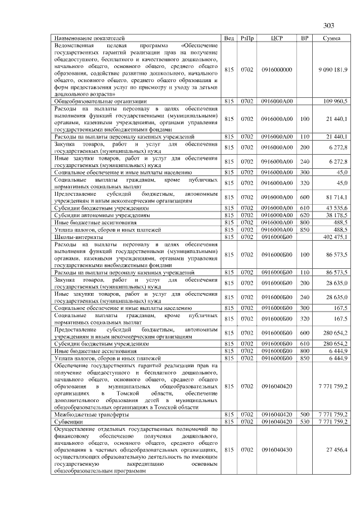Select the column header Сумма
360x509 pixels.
(331, 38)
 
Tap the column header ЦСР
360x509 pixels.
(276, 38)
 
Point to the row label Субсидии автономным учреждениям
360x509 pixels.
(102, 215)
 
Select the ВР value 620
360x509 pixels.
(304, 215)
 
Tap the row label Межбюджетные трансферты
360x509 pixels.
(91, 414)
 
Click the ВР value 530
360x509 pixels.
(304, 421)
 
